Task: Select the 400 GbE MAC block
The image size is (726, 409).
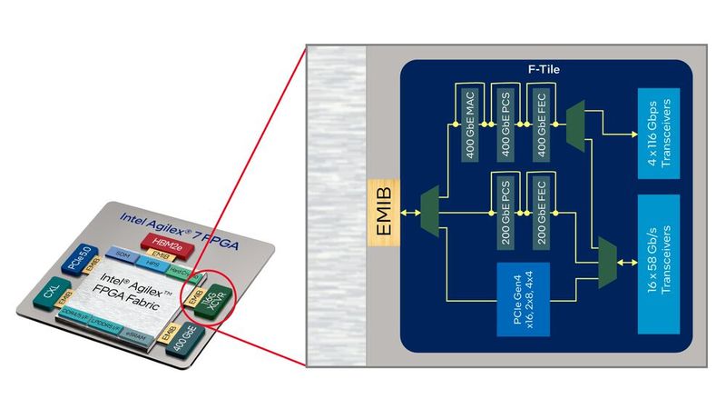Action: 471,125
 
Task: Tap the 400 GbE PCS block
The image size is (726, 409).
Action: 507,125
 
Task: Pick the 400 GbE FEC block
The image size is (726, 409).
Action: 543,125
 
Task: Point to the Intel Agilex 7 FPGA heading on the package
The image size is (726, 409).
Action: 175,221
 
